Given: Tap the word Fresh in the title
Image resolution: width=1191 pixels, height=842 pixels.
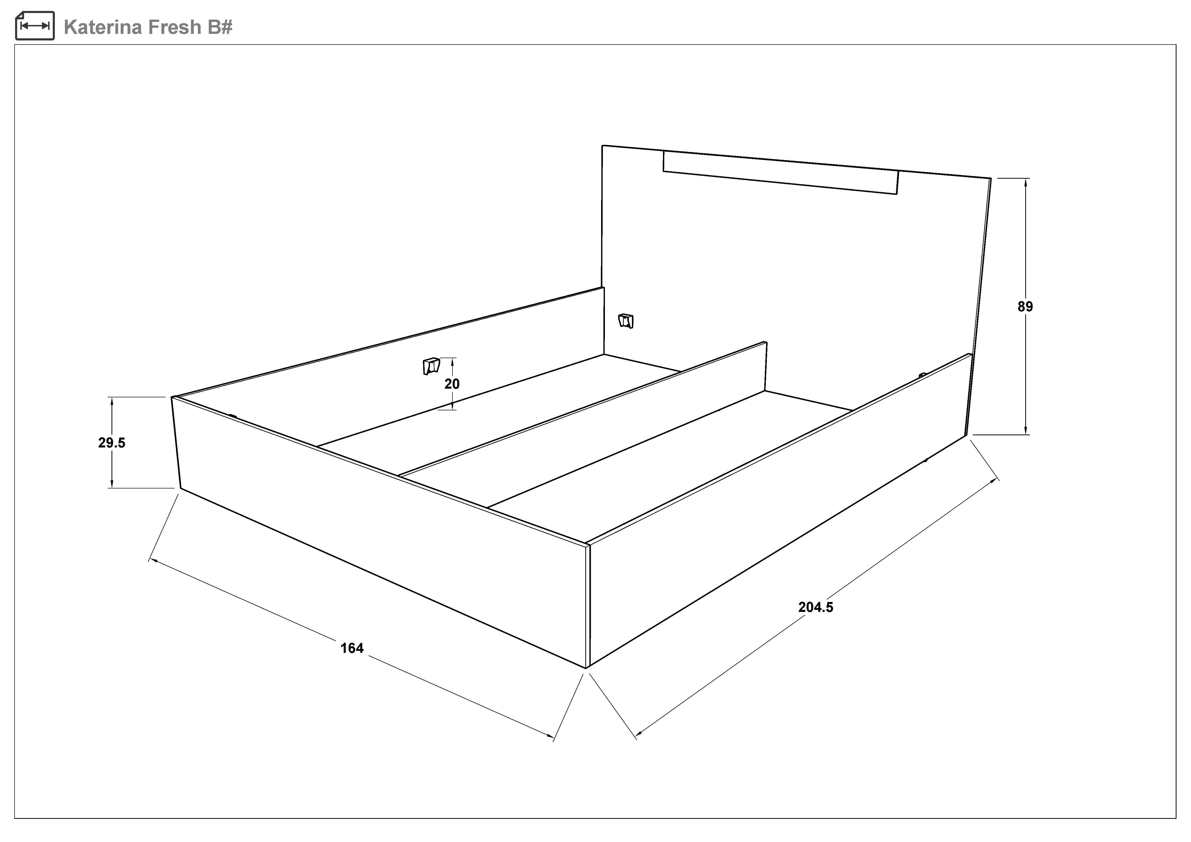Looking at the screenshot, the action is coord(175,27).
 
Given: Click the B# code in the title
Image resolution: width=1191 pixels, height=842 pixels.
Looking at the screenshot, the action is coord(220,27).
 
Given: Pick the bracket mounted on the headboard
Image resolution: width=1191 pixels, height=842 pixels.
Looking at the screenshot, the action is coord(626,321).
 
